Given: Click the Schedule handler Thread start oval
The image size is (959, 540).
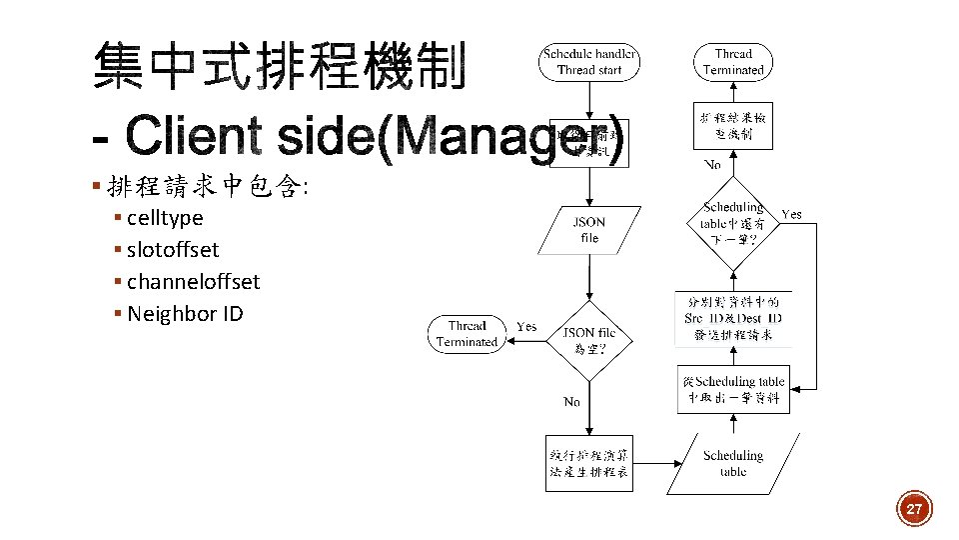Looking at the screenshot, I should (x=589, y=62).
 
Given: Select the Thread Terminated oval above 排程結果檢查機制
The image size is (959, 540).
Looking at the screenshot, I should (x=732, y=62).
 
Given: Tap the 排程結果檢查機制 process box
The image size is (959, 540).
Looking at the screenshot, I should (x=732, y=125).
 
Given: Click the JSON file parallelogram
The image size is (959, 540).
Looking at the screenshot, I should (x=589, y=230).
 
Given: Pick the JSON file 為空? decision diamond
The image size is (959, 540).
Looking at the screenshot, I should (x=589, y=340).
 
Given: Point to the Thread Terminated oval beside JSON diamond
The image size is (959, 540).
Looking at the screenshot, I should (x=467, y=334).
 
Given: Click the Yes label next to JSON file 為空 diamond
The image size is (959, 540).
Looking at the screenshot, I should (x=526, y=327).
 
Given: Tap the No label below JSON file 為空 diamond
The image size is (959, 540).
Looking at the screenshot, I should (x=571, y=402).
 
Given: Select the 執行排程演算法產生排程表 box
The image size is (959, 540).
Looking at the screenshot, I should (x=589, y=463).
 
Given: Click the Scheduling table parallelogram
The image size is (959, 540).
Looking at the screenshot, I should (x=732, y=463).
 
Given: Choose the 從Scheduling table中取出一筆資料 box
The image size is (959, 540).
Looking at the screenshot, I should (x=732, y=389).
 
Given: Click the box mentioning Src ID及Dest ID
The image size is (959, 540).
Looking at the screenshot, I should (x=732, y=318).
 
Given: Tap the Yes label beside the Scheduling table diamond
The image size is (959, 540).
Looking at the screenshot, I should (x=791, y=214).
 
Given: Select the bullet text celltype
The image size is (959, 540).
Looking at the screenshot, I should (x=165, y=218).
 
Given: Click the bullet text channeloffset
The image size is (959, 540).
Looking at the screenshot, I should (x=193, y=282).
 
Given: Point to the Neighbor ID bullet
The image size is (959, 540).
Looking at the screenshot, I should (x=185, y=314).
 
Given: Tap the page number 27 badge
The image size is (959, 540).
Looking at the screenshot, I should (x=913, y=509).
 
